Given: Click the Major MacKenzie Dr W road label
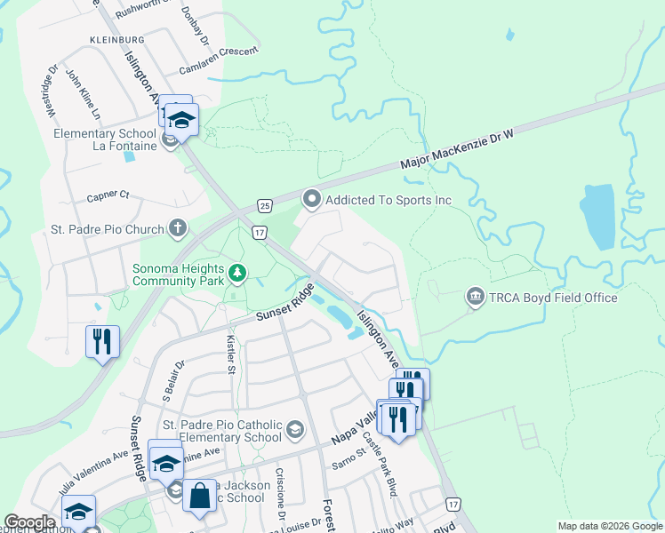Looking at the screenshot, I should (458, 148).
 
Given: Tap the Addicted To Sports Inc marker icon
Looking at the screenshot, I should (311, 200).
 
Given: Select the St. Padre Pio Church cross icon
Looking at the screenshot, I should (177, 229).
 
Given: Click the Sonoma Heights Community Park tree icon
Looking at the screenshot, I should (236, 273).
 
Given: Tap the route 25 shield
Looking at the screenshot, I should (265, 206).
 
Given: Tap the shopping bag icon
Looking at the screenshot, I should (199, 494).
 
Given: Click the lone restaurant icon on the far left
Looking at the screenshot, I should (101, 340).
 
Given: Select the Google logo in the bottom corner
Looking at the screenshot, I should (29, 522).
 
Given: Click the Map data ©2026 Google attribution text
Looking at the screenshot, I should (609, 526).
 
